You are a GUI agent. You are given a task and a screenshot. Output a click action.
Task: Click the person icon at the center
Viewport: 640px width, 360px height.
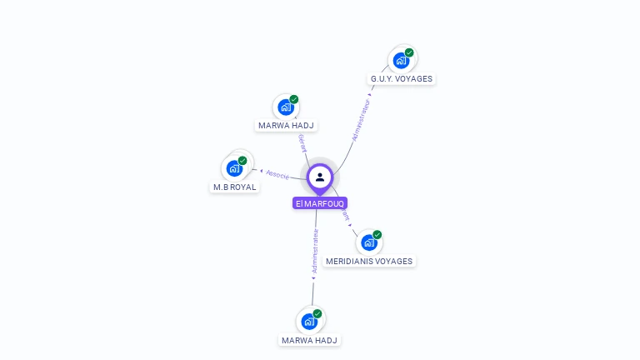pos(320,177)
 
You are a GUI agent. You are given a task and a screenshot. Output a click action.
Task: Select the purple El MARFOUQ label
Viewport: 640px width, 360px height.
pos(320,203)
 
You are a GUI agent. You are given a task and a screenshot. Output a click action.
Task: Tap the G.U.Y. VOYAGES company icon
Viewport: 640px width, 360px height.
pos(401,61)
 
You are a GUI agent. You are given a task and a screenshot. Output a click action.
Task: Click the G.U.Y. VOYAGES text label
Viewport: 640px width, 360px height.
pos(402,79)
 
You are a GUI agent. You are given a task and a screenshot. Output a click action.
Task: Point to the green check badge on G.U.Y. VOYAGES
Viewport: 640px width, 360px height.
pos(409,52)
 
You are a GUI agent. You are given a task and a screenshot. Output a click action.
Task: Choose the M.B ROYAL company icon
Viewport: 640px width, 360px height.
pos(235,168)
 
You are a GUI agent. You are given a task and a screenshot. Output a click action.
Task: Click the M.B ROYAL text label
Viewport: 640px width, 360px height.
pos(234,187)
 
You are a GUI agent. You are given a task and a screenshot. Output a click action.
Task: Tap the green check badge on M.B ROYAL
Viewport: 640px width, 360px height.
pos(242,160)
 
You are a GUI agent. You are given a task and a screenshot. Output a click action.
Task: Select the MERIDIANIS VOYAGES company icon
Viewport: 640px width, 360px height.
pos(368,242)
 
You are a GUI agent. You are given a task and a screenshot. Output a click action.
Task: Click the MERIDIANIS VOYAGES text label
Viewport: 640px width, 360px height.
pos(369,261)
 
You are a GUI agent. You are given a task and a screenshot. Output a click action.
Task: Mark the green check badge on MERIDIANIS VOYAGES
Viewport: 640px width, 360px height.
pos(377,234)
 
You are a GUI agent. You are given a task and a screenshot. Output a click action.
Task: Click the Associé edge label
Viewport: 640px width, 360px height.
pos(278,175)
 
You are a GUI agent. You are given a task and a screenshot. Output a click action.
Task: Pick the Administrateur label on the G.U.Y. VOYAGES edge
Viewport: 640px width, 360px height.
pos(360,119)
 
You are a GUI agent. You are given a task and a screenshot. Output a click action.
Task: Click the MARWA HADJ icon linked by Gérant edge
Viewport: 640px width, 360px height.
pos(286,107)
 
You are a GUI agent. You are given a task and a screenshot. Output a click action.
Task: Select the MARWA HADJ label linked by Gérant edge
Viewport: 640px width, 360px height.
pos(287,126)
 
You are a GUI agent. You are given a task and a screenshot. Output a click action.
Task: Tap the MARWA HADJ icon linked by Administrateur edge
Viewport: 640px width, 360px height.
pos(309,322)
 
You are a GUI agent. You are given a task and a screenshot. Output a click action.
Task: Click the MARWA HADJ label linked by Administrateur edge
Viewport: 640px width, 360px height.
pos(310,340)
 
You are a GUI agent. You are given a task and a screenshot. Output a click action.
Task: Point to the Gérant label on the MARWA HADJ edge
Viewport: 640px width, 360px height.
pos(302,143)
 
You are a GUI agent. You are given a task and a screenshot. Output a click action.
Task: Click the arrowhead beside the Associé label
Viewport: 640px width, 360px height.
pos(262,172)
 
